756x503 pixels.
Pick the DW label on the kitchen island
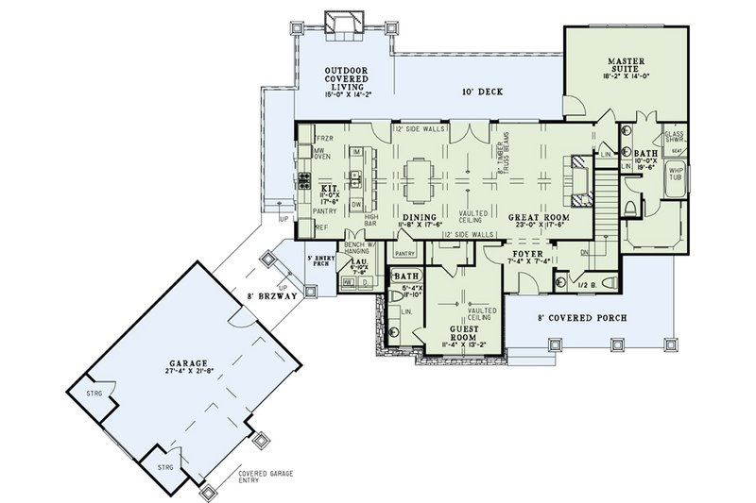357,203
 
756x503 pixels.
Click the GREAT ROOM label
537,218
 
